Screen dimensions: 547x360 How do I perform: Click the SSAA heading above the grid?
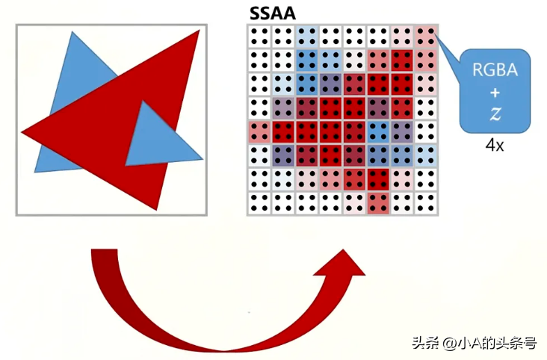pyautogui.click(x=273, y=13)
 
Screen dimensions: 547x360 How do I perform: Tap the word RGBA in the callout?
pyautogui.click(x=495, y=69)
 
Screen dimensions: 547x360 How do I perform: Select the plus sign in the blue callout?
pyautogui.click(x=495, y=93)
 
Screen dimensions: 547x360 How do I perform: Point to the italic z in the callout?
pyautogui.click(x=495, y=114)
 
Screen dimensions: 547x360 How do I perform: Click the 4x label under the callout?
pyautogui.click(x=495, y=145)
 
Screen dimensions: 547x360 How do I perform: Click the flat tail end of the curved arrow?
pyautogui.click(x=104, y=249)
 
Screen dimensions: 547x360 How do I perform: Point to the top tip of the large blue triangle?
pyautogui.click(x=72, y=32)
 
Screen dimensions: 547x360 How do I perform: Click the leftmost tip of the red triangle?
pyautogui.click(x=22, y=132)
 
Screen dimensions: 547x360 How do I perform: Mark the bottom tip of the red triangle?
pyautogui.click(x=156, y=210)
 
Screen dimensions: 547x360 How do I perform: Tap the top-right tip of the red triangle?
pyautogui.click(x=200, y=31)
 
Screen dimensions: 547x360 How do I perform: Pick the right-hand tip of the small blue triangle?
pyautogui.click(x=203, y=159)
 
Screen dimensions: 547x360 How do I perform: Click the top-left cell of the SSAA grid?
pyautogui.click(x=259, y=37)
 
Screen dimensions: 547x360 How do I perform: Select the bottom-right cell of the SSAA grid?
pyautogui.click(x=426, y=203)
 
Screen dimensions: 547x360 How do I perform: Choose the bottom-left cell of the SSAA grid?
pyautogui.click(x=259, y=203)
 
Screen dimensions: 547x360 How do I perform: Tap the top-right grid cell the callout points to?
pyautogui.click(x=426, y=37)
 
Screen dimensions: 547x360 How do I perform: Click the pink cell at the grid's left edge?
pyautogui.click(x=259, y=132)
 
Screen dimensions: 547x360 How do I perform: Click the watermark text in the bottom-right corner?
pyautogui.click(x=474, y=344)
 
